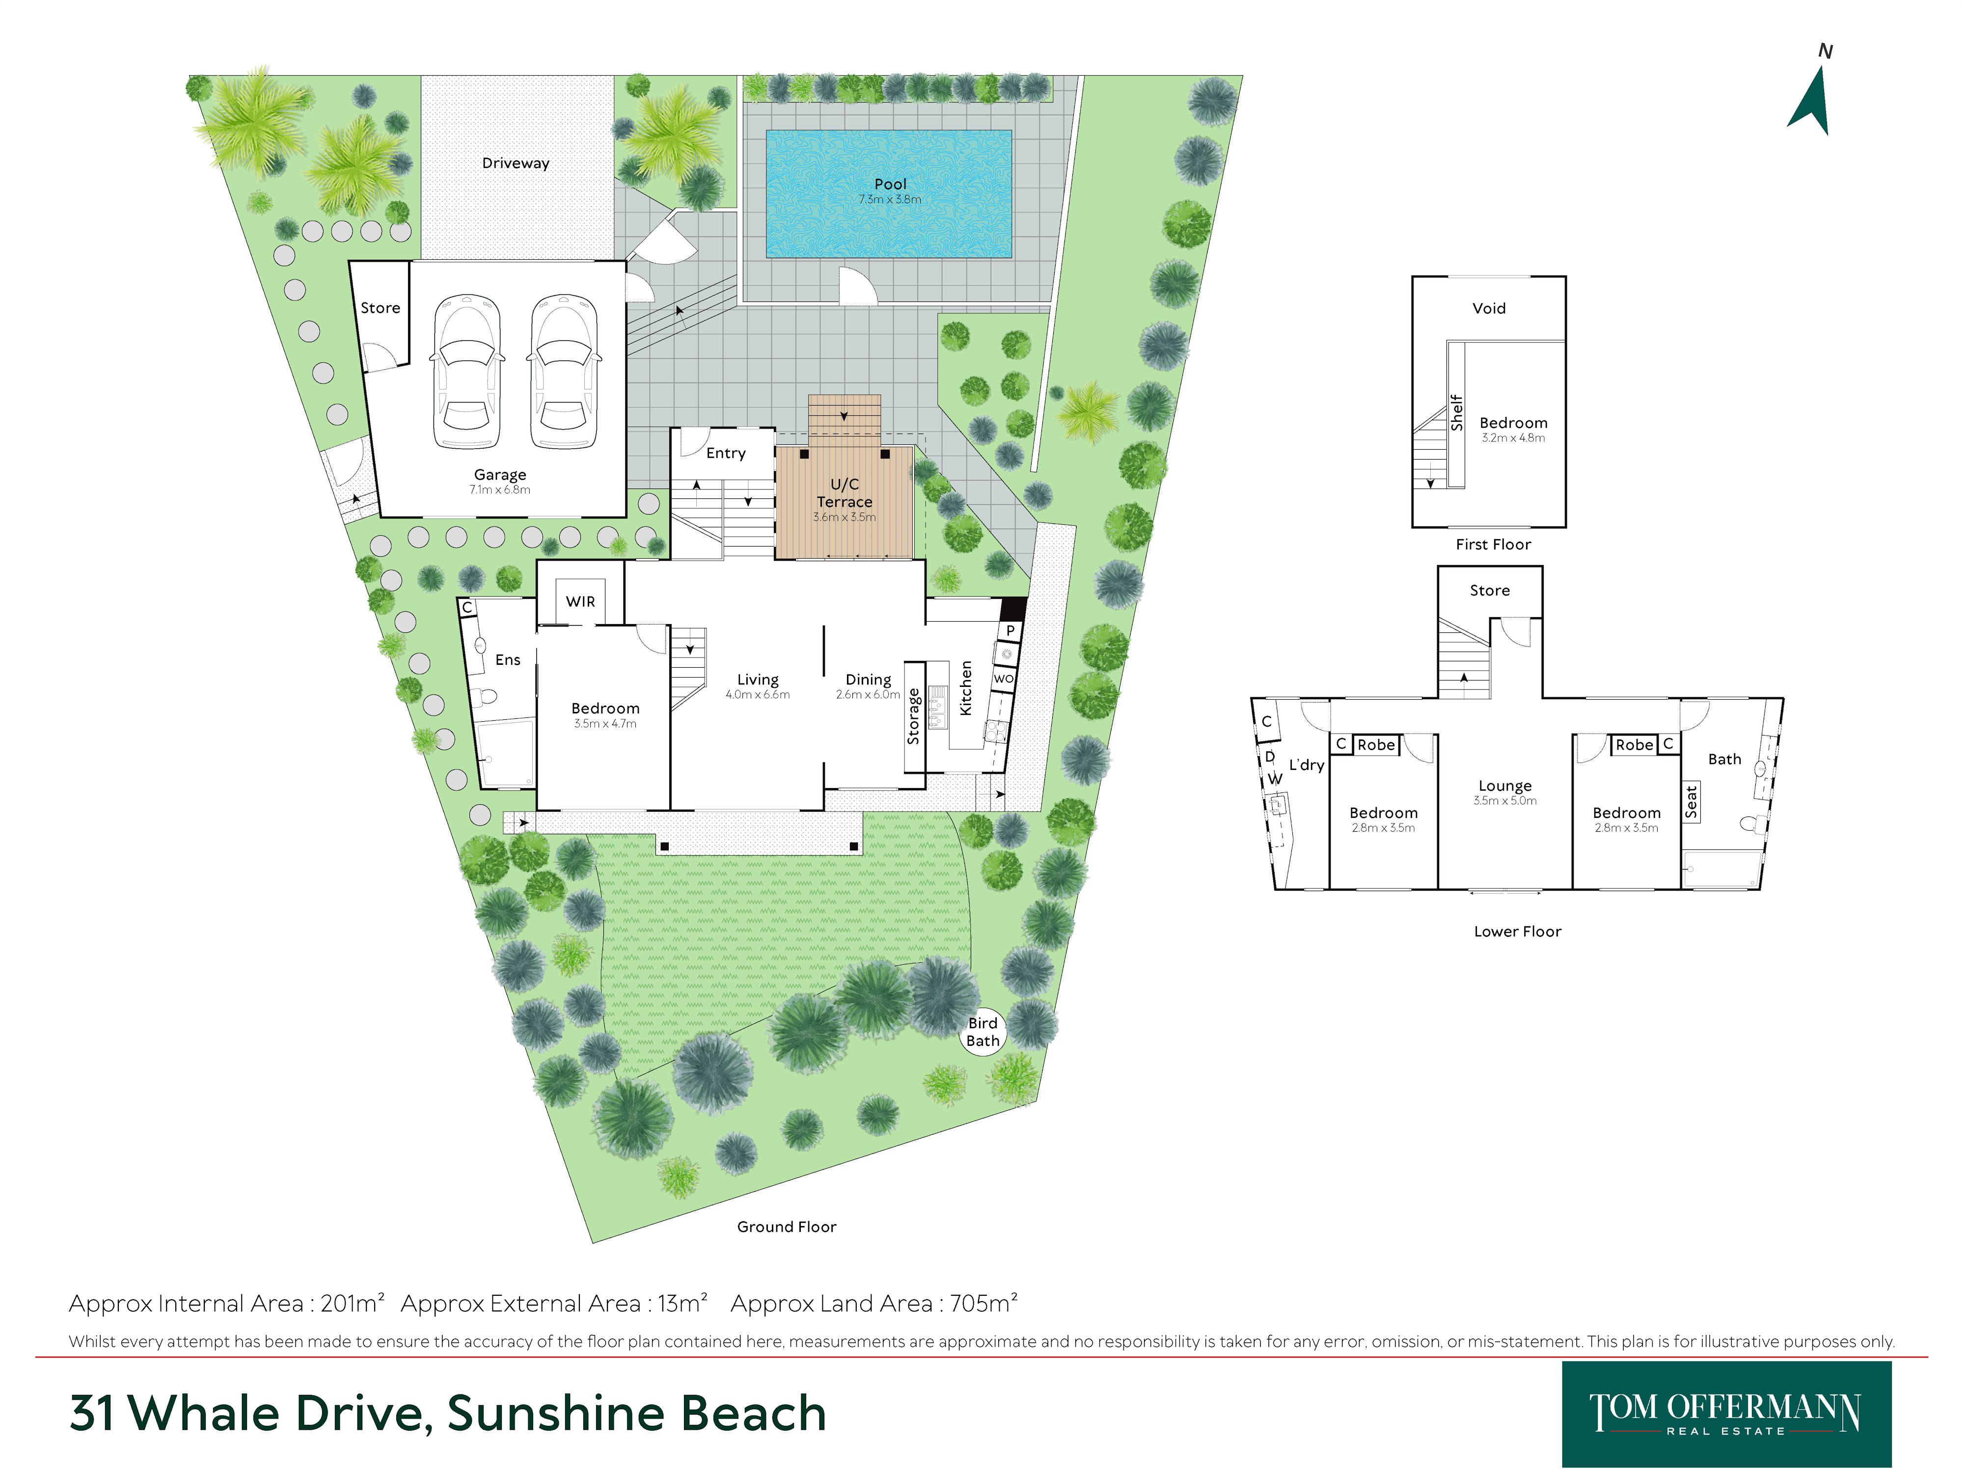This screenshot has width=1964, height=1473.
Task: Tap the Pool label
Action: [x=890, y=184]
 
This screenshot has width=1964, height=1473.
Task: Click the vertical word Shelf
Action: [x=1456, y=413]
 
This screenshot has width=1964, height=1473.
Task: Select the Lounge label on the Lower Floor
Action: [x=1505, y=786]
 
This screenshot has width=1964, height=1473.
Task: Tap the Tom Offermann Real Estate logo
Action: [x=1726, y=1414]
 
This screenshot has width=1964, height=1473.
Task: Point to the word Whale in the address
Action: [x=206, y=1413]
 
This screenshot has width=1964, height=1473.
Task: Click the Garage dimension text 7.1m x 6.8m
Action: [x=500, y=489]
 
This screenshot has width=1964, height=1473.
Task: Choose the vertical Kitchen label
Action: [x=965, y=687]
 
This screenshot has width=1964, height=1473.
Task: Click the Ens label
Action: [x=507, y=660]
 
